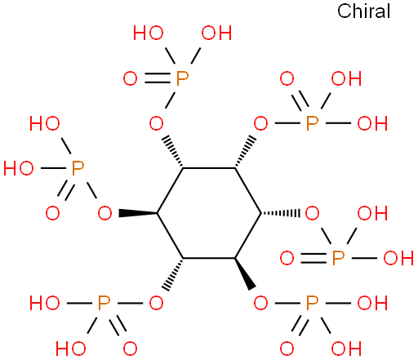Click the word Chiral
pos(363,11)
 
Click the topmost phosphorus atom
pos(182,78)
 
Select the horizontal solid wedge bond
pos(138,213)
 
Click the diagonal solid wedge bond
pos(245,273)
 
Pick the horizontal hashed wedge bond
pos(281,213)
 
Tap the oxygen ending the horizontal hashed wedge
pos(312,213)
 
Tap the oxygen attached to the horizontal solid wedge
pos(104,213)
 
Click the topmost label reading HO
pos(149,33)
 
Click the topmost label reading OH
pos(216,33)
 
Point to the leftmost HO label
pos(19,168)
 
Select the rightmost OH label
pos(398,258)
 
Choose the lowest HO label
pos(71,349)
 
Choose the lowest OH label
pos(346,349)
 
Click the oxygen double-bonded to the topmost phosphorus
pos(130,78)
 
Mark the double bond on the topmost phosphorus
pos(158,78)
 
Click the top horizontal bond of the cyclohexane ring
pos(209,168)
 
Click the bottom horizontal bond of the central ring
pos(209,258)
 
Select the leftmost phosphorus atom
pos(78,168)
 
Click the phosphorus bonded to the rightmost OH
pos(338,258)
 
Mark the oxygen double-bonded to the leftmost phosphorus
pos(52,213)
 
